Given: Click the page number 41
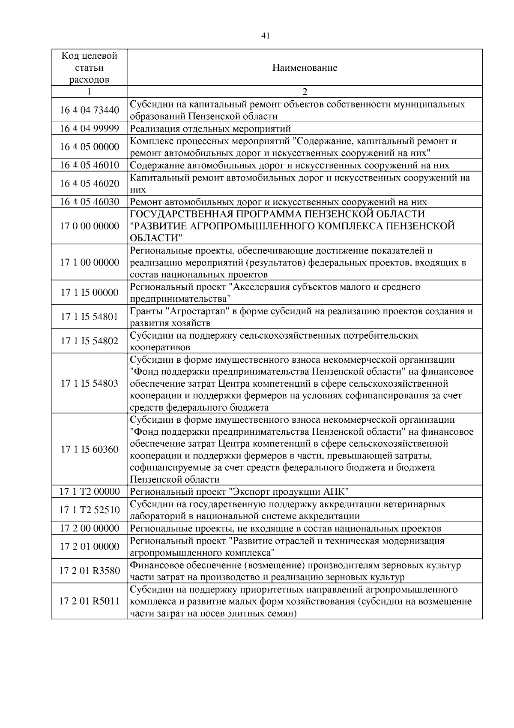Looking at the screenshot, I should pos(265,36).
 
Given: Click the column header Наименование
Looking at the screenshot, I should pos(305,68).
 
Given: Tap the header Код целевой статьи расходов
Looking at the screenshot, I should pos(89,68).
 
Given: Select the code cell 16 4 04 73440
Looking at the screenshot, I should pos(89,110).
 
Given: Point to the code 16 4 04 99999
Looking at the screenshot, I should pos(89,129).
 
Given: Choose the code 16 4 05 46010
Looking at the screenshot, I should pos(89,165).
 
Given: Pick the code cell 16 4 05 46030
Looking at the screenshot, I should pos(89,202).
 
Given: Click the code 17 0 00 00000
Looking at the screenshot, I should pos(89,226).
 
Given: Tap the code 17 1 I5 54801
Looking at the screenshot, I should pos(89,317).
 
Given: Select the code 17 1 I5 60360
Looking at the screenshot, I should pos(89,449).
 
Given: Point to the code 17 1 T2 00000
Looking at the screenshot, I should pos(89,491).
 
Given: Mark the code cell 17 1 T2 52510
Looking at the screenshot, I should pos(89,510).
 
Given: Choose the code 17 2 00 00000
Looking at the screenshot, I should pos(89,528).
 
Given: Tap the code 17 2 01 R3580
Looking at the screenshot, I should pos(89,571).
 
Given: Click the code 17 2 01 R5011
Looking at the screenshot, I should pos(89,601).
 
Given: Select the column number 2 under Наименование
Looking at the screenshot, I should pos(305,92).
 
